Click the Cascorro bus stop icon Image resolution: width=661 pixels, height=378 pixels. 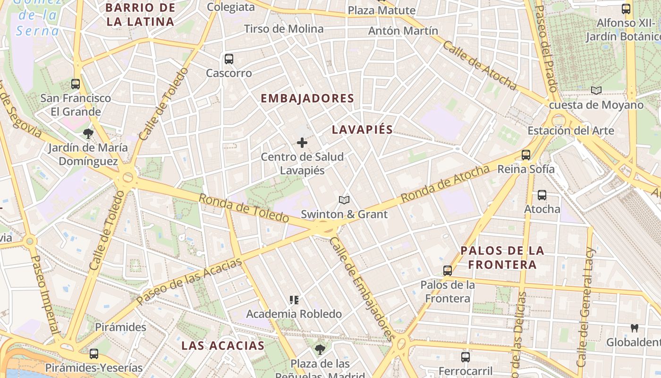tap(229, 59)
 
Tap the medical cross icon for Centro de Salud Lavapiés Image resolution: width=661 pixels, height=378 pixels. tap(302, 142)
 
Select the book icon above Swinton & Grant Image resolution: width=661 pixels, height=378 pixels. tap(344, 200)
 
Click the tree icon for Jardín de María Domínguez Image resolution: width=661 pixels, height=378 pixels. tap(88, 134)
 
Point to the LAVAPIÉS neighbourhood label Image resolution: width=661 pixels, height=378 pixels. tap(362, 129)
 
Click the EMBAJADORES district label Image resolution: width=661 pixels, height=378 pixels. tap(307, 98)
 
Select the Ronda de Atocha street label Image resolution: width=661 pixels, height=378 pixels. tap(445, 184)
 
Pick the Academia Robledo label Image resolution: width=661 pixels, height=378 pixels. tap(294, 314)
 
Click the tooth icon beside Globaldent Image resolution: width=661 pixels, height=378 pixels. tap(635, 328)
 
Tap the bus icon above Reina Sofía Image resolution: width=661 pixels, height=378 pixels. tap(525, 155)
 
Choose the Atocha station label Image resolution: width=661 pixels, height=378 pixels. tap(542, 209)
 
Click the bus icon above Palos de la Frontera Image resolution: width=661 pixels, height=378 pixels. tap(447, 271)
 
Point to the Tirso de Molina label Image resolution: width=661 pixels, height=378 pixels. tap(284, 29)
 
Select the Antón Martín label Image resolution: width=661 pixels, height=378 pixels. tap(403, 31)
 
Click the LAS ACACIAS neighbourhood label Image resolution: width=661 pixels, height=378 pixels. tap(223, 345)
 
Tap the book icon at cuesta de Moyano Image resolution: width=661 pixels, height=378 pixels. tap(596, 90)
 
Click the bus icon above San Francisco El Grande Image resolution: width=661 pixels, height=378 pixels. tap(76, 84)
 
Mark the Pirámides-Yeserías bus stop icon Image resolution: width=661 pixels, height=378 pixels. tap(94, 353)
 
